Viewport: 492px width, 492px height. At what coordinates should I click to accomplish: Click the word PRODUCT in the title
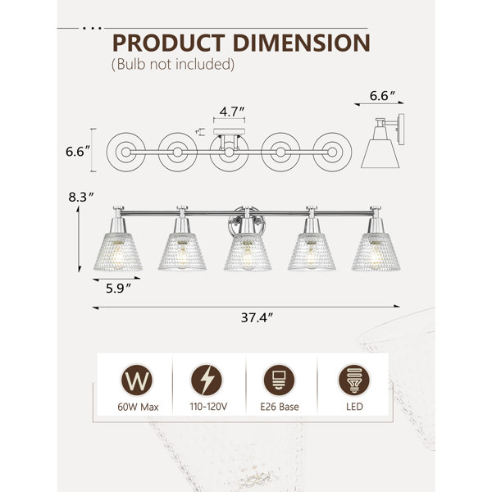tap(169, 43)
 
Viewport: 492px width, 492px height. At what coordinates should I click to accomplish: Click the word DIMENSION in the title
tap(302, 43)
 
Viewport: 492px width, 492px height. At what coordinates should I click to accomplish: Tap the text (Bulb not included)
tap(173, 64)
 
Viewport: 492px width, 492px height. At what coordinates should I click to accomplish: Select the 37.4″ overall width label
tap(257, 317)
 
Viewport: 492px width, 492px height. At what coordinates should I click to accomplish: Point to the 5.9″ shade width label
tap(117, 289)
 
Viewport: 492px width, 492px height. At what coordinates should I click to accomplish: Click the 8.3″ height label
tap(81, 197)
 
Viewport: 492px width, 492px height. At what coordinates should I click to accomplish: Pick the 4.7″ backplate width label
tap(231, 112)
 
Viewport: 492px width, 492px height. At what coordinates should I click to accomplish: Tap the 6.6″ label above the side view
tap(382, 96)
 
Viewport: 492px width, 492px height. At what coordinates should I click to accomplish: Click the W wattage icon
tap(137, 380)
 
